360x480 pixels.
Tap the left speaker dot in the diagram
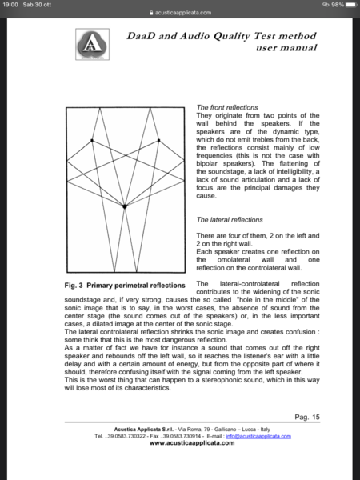click(x=93, y=141)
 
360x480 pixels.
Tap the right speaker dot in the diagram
click(x=157, y=141)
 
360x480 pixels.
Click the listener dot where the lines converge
click(x=125, y=206)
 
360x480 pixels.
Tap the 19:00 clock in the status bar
click(x=10, y=5)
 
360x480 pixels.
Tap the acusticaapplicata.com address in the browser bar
click(x=183, y=14)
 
